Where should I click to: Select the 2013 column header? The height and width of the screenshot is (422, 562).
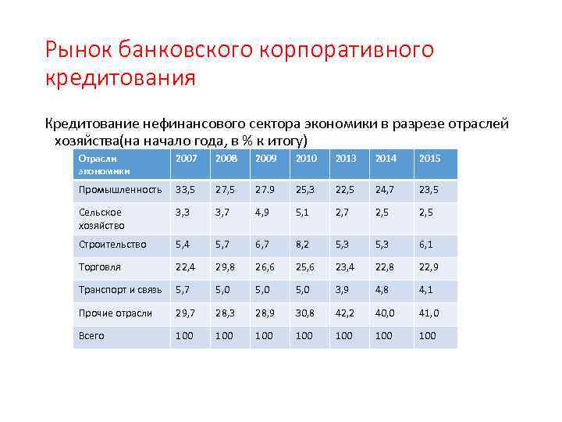pos(345,159)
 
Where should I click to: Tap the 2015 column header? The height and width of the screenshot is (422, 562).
pos(429,159)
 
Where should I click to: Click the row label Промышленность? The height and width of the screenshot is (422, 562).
pos(120,189)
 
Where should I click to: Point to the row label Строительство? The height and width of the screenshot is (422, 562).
pos(112,245)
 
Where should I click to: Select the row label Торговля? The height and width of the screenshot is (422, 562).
pos(99,266)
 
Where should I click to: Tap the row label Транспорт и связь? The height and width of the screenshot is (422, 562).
pos(120,290)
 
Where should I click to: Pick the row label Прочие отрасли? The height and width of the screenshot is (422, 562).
pos(116,313)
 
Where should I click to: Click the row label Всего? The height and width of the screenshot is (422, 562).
pos(91,336)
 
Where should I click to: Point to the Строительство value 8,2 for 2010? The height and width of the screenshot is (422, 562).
pos(304,245)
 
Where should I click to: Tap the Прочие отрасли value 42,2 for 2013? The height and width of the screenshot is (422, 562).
pos(345,313)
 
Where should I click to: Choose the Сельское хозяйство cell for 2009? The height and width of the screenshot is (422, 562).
pos(264,212)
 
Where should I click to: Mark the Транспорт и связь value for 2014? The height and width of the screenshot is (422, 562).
pos(383,290)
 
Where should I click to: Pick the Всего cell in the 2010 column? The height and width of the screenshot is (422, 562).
pos(304,336)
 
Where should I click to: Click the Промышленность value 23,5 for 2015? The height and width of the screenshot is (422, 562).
pos(429,189)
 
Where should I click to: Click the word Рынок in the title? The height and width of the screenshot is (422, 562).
pos(79,51)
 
